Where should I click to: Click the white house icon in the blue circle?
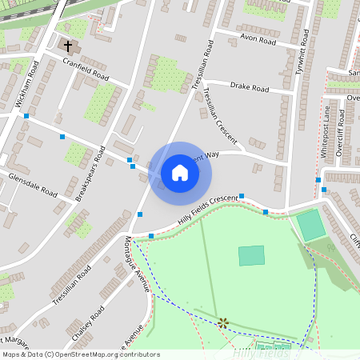(x=180, y=172)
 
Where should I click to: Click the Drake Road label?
(x=250, y=88)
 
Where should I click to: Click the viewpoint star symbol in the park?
(x=223, y=322)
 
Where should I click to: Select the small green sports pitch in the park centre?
(x=251, y=255)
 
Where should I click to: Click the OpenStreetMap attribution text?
(x=80, y=354)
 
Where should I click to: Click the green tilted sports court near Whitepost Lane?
(x=310, y=225)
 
